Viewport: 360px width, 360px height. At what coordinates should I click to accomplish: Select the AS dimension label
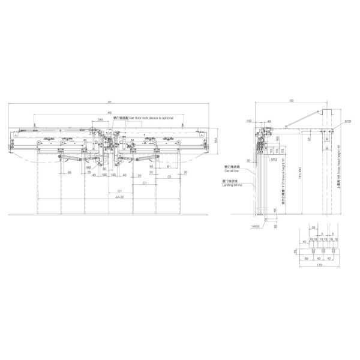[109, 112]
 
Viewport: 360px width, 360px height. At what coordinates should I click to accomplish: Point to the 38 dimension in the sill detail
[313, 227]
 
